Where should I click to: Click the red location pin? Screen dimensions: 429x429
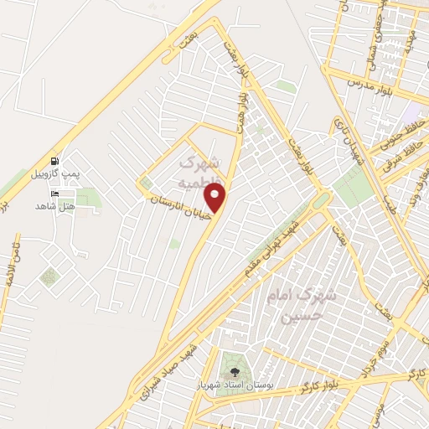(x=216, y=199)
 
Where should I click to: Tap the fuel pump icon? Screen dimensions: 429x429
(x=54, y=162)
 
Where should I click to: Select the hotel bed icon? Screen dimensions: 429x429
(x=55, y=194)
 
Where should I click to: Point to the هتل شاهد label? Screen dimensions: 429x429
(x=56, y=206)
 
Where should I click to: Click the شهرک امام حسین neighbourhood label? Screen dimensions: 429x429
(x=300, y=306)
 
